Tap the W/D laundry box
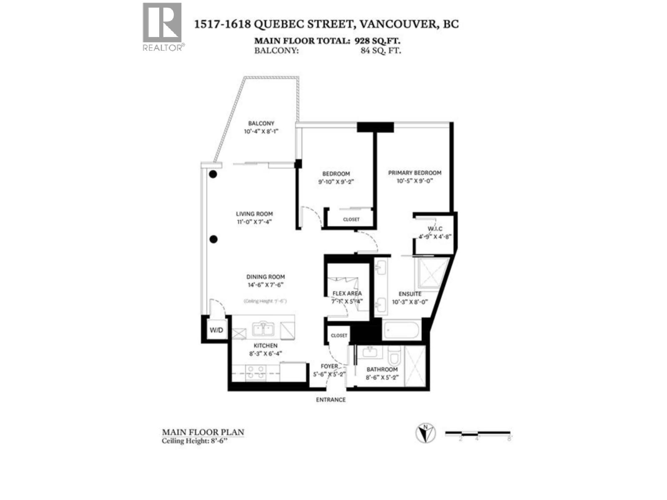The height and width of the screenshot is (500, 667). coord(216,330)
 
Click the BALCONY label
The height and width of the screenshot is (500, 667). coord(261,123)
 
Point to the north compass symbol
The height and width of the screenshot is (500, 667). coord(425,433)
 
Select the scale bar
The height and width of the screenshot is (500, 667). coord(478,433)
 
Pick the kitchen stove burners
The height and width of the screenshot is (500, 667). coord(255,372)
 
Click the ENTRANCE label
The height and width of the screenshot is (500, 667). coord(331,400)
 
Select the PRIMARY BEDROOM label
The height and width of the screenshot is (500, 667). coord(414,172)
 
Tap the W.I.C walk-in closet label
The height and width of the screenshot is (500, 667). coord(435,229)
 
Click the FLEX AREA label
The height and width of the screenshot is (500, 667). coord(347,293)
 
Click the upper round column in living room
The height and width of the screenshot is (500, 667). coord(213,174)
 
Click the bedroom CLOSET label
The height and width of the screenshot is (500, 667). coord(351,219)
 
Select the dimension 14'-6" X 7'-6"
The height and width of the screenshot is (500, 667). coord(265,285)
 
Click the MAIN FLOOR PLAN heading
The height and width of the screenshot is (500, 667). coord(203,432)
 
